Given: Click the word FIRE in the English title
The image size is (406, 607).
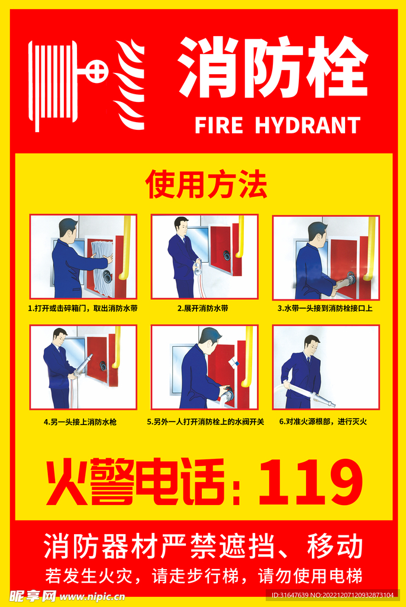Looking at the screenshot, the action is pyautogui.click(x=219, y=125).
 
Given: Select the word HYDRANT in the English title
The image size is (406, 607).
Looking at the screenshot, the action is pyautogui.click(x=307, y=125).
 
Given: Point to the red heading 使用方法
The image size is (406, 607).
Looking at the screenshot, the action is pyautogui.click(x=206, y=184).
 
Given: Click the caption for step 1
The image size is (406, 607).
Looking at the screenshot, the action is pyautogui.click(x=83, y=308).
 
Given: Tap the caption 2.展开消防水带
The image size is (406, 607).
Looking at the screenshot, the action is pyautogui.click(x=203, y=308).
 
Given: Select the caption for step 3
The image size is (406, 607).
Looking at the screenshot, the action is pyautogui.click(x=325, y=308).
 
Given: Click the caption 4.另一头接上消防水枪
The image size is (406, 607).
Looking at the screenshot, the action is pyautogui.click(x=80, y=421).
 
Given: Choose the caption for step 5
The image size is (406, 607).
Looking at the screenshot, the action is pyautogui.click(x=205, y=421).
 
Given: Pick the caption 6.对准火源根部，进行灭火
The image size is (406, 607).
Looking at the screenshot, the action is pyautogui.click(x=323, y=421).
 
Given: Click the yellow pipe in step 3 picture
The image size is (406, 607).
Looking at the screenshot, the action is pyautogui.click(x=370, y=248).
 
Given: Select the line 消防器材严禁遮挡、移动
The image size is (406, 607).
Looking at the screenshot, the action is pyautogui.click(x=204, y=546).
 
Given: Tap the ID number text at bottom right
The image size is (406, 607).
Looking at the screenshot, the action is pyautogui.click(x=333, y=595).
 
